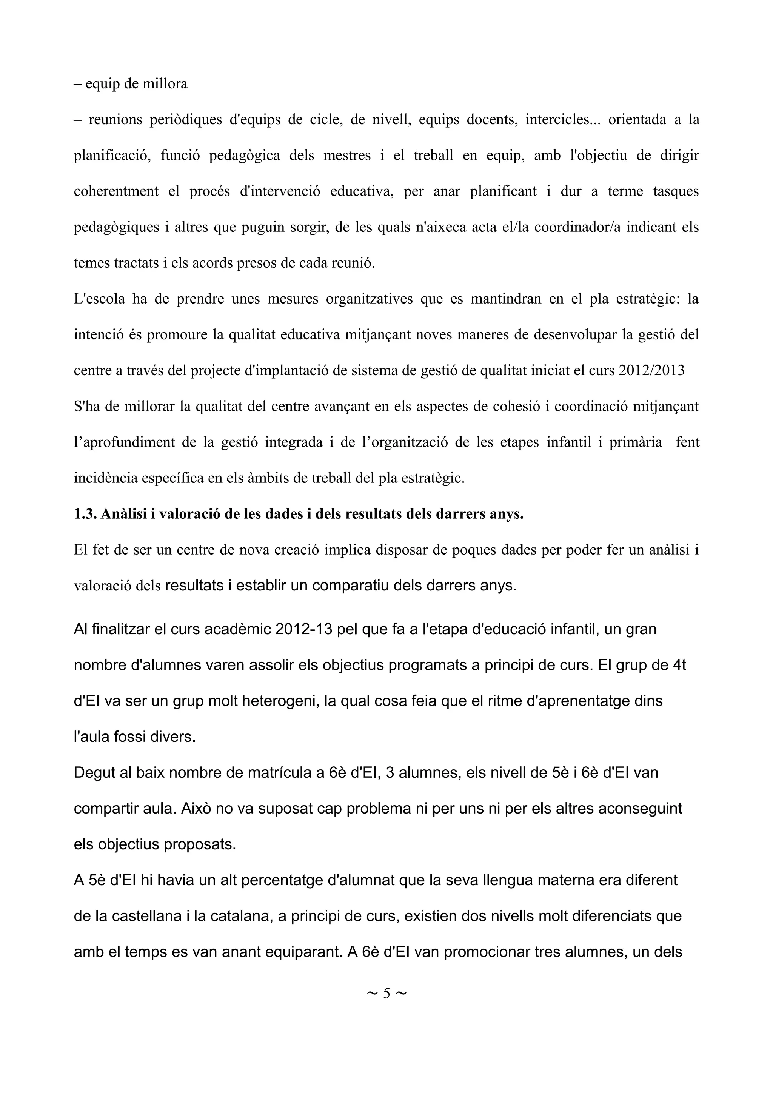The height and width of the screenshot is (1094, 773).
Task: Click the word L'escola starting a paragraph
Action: click(100, 299)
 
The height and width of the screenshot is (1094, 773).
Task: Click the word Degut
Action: click(94, 772)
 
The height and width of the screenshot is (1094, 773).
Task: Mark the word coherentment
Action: click(116, 191)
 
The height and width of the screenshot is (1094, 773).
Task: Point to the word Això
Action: click(196, 809)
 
